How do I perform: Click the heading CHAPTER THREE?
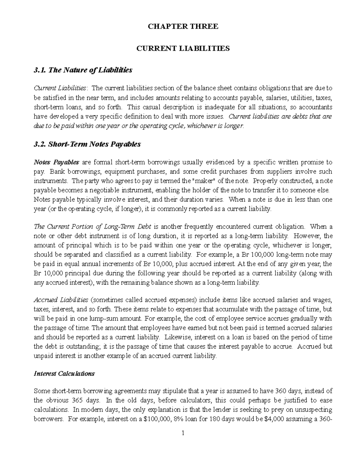pos(183,26)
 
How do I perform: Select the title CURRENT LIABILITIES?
pos(183,48)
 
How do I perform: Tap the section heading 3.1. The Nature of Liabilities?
pos(83,70)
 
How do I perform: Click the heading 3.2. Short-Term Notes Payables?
pos(87,144)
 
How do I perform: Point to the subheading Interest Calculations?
pos(64,374)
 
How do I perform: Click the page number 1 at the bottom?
pos(183,433)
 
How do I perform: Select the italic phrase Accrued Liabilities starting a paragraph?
pos(61,300)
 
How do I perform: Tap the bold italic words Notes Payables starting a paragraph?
pos(56,162)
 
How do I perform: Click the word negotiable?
pos(112,190)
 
